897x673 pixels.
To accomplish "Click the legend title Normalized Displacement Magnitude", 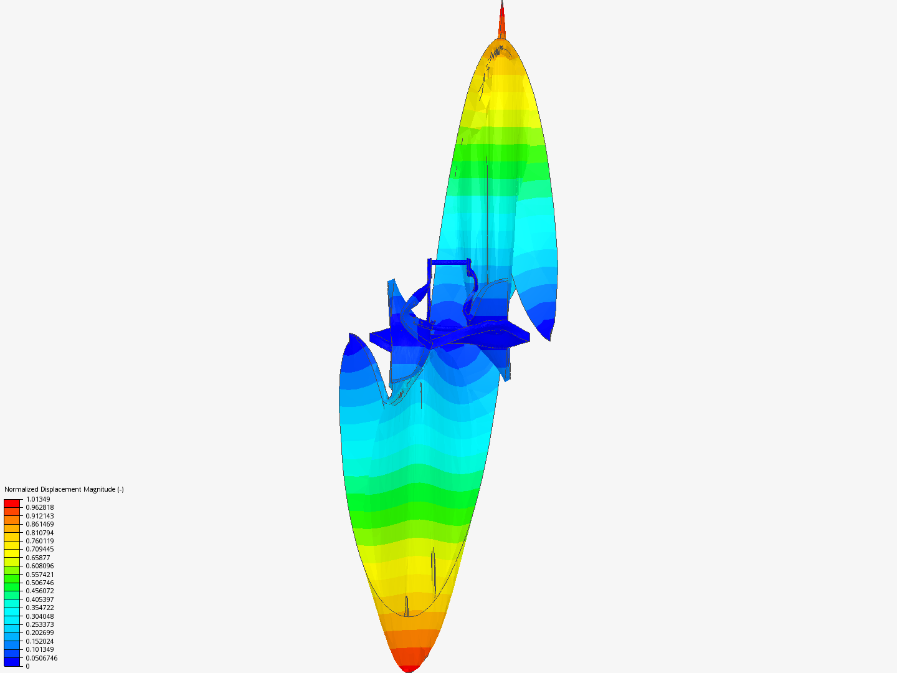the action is tap(64, 489).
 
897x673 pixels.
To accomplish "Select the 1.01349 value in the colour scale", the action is tap(38, 499).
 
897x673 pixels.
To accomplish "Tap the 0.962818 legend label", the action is tap(40, 507).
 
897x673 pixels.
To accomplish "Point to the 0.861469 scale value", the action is tap(40, 524).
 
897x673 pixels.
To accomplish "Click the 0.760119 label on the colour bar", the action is tap(40, 541).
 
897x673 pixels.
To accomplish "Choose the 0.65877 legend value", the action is tap(38, 558).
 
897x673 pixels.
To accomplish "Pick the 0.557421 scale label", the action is tap(40, 575).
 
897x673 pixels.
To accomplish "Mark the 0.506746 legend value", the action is tap(40, 583).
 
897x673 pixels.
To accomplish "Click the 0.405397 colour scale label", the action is tap(40, 599).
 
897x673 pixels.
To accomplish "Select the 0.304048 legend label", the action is tap(40, 616).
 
